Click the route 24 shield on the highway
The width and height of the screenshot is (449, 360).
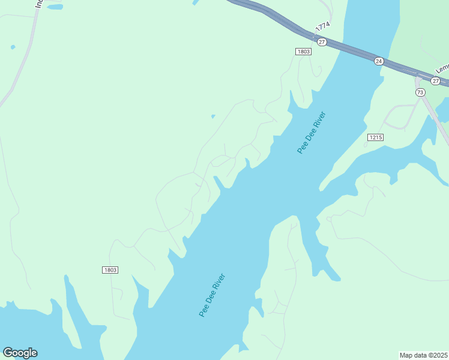click(379, 61)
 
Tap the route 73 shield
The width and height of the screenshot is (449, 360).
click(420, 92)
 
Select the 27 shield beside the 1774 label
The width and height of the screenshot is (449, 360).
click(322, 42)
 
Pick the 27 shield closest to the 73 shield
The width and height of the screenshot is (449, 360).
click(435, 80)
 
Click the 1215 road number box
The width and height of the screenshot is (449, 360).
click(375, 137)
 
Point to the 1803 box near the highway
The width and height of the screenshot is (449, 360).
click(303, 52)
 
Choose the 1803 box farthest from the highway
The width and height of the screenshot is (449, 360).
click(110, 270)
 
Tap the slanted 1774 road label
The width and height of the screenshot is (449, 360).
click(323, 28)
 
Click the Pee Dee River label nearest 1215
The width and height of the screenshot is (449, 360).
click(311, 133)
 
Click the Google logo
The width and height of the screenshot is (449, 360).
click(20, 353)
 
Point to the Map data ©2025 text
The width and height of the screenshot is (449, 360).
click(423, 355)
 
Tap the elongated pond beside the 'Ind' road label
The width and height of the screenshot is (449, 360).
click(55, 7)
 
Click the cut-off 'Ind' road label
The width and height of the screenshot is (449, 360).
click(40, 4)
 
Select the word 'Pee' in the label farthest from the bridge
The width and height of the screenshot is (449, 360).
click(203, 311)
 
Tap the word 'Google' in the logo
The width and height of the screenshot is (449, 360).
click(20, 353)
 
